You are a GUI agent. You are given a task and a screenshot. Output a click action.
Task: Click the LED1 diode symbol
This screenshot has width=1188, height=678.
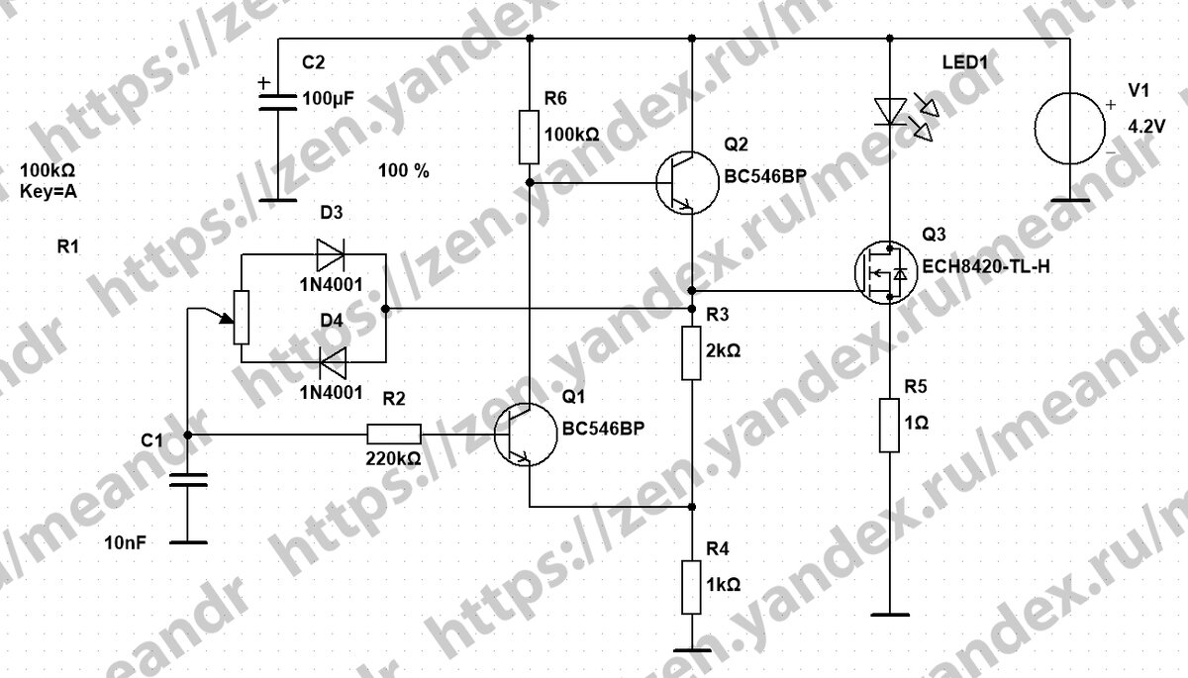[x=891, y=111]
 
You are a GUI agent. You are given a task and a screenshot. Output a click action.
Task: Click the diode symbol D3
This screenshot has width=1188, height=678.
[x=330, y=254]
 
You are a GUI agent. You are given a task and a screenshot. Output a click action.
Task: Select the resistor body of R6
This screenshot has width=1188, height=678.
[x=530, y=138]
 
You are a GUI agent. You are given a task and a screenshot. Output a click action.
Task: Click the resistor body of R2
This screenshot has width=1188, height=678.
[x=394, y=434]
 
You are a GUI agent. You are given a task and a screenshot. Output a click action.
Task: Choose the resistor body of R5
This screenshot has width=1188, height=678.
[x=890, y=427]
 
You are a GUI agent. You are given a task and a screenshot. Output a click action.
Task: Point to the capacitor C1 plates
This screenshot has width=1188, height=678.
[x=188, y=481]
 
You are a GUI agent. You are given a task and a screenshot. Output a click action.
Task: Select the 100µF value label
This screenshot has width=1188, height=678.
[x=330, y=100]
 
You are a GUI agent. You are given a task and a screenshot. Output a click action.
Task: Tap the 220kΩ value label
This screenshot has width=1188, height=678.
[x=394, y=459]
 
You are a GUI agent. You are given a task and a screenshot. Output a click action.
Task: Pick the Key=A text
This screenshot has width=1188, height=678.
[x=49, y=193]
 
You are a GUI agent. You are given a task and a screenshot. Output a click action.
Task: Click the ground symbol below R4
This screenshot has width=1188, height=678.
[x=692, y=650]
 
